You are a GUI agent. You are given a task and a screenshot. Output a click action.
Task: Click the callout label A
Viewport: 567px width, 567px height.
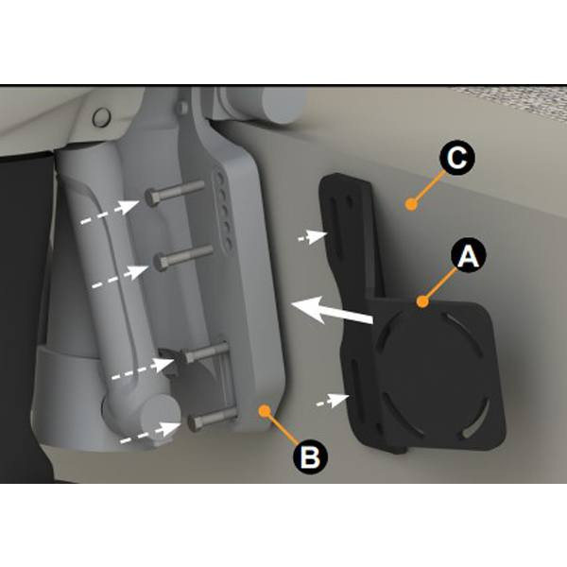[469, 255]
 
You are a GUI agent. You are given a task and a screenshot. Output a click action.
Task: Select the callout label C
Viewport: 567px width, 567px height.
[457, 158]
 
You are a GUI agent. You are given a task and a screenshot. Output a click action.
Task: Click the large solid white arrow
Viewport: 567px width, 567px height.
[332, 311]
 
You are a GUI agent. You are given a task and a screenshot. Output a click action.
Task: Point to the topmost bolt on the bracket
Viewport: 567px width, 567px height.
[175, 193]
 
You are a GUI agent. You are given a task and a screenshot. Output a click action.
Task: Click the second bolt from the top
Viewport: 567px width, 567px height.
[183, 257]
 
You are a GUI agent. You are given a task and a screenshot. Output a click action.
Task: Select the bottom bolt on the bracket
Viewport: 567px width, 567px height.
[213, 419]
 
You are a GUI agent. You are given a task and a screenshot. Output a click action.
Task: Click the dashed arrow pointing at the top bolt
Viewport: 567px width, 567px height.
[110, 212]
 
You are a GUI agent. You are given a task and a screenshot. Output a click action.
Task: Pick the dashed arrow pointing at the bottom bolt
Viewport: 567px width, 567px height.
[150, 432]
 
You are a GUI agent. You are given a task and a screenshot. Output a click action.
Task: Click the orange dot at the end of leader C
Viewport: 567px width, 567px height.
[411, 204]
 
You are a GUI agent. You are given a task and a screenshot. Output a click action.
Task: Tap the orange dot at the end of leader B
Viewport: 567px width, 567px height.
[265, 410]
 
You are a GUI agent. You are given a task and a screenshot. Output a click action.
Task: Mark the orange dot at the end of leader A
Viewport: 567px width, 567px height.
[422, 301]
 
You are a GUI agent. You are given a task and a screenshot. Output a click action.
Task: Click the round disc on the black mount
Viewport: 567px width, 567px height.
[429, 372]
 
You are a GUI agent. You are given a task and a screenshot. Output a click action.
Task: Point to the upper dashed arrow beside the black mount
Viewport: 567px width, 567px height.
[313, 236]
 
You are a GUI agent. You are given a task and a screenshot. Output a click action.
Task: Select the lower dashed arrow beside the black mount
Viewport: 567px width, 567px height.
[333, 400]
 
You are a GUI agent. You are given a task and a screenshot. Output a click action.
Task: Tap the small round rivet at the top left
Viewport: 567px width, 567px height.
[101, 117]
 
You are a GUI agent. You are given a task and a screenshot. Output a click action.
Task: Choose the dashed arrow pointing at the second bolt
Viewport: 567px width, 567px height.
[120, 277]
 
